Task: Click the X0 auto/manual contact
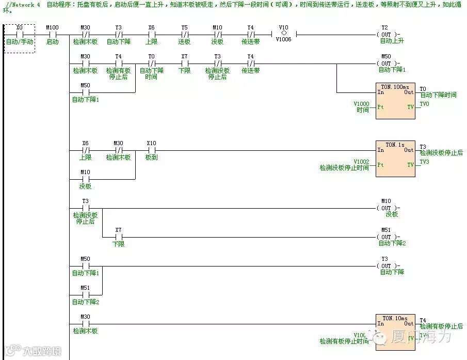tap(19, 35)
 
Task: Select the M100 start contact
tap(52, 35)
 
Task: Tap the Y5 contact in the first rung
tap(184, 35)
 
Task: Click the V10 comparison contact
tap(283, 35)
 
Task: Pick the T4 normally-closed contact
tap(118, 64)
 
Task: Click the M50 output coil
tap(385, 64)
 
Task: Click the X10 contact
tap(151, 151)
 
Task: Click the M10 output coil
tap(385, 209)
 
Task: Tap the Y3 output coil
tap(385, 267)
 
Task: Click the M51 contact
tap(85, 295)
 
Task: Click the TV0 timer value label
tap(424, 104)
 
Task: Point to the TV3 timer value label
tap(424, 162)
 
